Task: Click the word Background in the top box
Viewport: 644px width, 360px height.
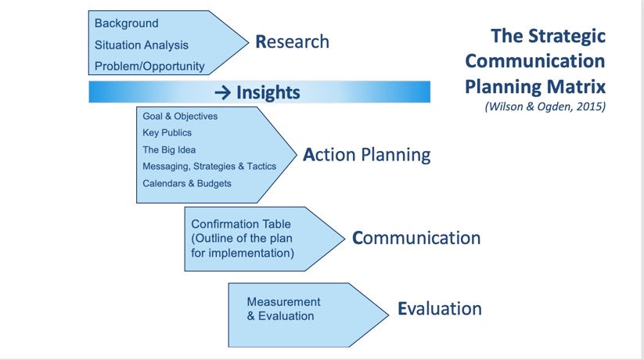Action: pos(126,23)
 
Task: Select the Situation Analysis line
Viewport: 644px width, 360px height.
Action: pos(142,45)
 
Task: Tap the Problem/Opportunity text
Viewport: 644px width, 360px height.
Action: pos(149,66)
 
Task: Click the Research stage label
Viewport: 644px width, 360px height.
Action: pos(292,41)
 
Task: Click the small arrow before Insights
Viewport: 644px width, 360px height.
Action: pos(221,92)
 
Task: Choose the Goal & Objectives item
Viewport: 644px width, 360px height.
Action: pos(180,116)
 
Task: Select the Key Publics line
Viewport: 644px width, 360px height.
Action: pos(167,132)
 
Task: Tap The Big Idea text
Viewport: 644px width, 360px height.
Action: pos(169,149)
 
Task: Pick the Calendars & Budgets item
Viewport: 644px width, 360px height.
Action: pos(186,183)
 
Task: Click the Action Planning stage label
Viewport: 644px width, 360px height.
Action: pos(366,155)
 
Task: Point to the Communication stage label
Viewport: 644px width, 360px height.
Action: pos(416,237)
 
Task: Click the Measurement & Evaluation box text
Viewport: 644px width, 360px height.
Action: pos(282,309)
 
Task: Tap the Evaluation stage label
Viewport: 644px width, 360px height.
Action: pos(439,308)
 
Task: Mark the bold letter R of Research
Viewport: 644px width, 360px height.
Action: pos(261,41)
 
